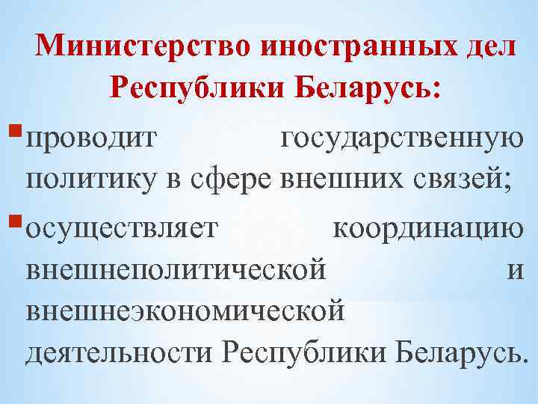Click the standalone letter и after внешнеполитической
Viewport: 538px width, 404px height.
click(x=515, y=269)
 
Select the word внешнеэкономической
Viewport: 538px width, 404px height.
click(x=185, y=309)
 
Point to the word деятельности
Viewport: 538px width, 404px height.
click(x=120, y=352)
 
